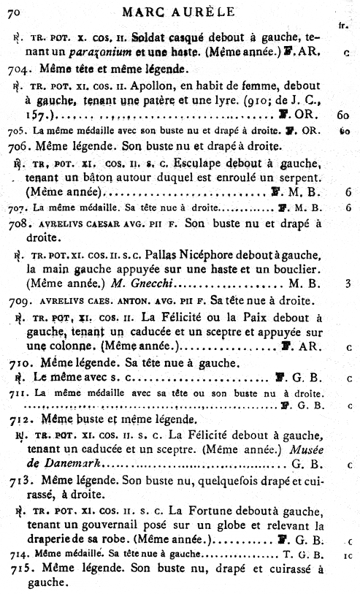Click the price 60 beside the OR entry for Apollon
click(x=344, y=115)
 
